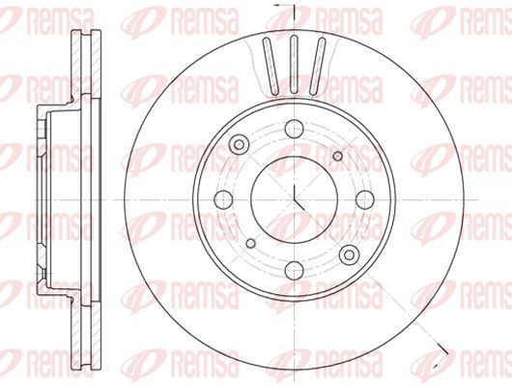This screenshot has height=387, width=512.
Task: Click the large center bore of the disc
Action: (x=294, y=199)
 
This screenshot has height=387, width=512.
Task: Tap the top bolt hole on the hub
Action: (x=294, y=129)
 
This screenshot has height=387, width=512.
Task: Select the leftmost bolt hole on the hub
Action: (x=223, y=199)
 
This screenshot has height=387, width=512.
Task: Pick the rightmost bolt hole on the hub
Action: (x=365, y=199)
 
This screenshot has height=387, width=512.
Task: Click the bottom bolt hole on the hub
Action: (x=294, y=270)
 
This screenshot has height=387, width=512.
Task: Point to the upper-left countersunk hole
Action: (x=239, y=144)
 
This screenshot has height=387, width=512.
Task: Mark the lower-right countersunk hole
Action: (x=349, y=254)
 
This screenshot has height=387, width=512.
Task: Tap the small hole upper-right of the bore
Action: (x=338, y=156)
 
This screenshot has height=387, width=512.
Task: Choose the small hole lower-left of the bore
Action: (x=250, y=243)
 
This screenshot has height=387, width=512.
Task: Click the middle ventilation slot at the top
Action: (x=294, y=65)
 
